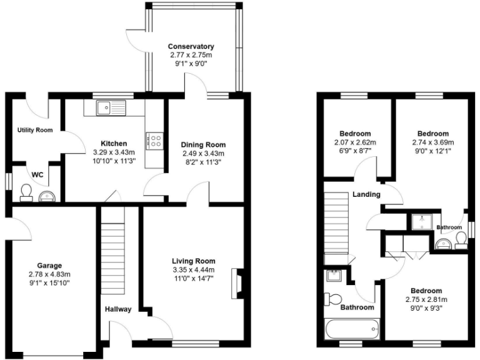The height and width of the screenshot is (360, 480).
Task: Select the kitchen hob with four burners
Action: [154, 141]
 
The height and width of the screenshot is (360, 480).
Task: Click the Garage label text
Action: [49, 266]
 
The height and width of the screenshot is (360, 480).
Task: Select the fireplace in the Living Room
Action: [236, 283]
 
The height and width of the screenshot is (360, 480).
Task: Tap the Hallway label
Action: [117, 309]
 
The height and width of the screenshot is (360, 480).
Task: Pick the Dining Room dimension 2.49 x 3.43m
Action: [202, 154]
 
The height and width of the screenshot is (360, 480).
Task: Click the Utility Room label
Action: [34, 130]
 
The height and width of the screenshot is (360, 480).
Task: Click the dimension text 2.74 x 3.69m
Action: [432, 142]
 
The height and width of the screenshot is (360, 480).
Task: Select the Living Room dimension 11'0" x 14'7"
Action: [194, 279]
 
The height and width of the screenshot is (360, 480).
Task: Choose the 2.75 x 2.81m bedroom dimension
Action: [426, 299]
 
